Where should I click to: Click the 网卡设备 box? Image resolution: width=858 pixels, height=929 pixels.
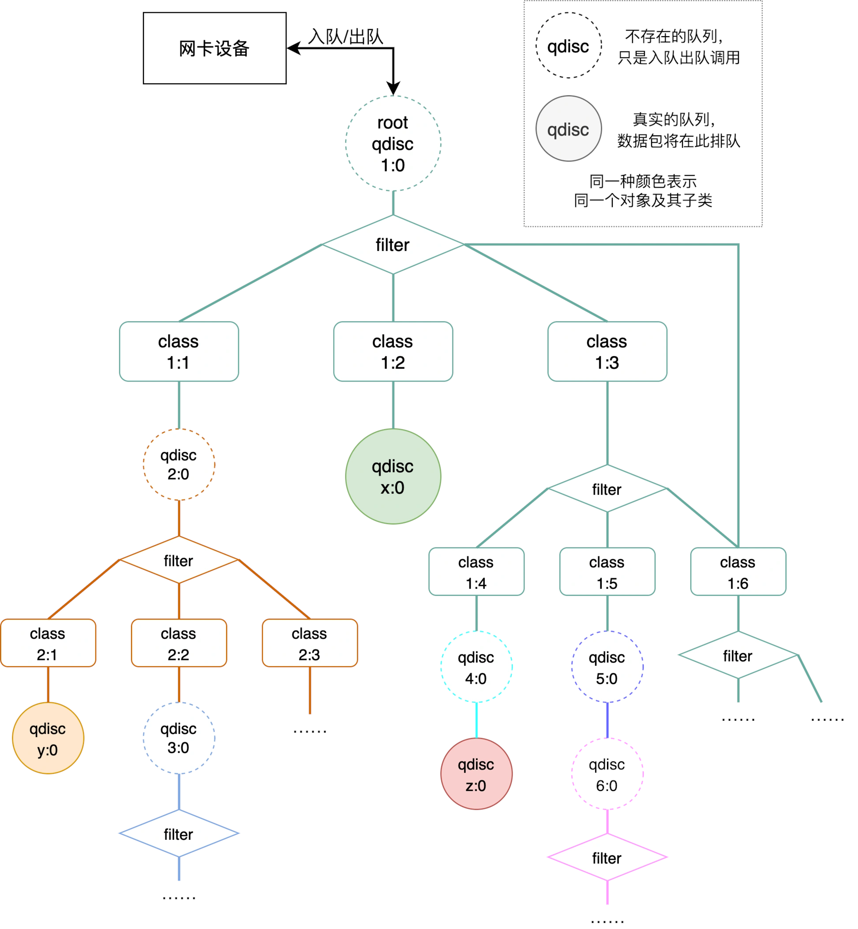pyautogui.click(x=214, y=48)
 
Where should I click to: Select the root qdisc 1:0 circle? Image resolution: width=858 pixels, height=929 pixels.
pyautogui.click(x=393, y=143)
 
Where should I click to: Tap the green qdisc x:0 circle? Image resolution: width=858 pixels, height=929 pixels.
pyautogui.click(x=393, y=476)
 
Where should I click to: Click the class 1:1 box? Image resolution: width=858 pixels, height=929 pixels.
pyautogui.click(x=179, y=352)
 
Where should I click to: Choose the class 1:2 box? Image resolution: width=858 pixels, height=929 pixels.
pyautogui.click(x=393, y=352)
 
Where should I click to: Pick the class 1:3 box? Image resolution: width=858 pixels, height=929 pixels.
pyautogui.click(x=607, y=352)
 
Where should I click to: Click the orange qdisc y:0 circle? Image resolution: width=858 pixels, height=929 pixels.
pyautogui.click(x=48, y=738)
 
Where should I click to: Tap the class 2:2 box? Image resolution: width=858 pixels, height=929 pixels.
pyautogui.click(x=179, y=643)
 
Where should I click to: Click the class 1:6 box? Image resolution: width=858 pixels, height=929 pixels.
pyautogui.click(x=738, y=572)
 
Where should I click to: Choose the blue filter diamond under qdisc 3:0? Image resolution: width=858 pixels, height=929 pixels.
pyautogui.click(x=179, y=833)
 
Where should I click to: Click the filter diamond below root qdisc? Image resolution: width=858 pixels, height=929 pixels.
pyautogui.click(x=393, y=245)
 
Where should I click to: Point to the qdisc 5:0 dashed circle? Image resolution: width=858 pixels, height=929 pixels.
pyautogui.click(x=607, y=667)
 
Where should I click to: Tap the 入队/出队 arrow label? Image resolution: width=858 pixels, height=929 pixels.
pyautogui.click(x=345, y=36)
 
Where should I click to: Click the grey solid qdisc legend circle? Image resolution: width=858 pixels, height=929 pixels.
pyautogui.click(x=568, y=129)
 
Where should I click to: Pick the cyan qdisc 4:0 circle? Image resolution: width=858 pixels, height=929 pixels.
pyautogui.click(x=476, y=667)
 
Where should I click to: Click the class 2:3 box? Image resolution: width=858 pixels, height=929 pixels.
pyautogui.click(x=310, y=643)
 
